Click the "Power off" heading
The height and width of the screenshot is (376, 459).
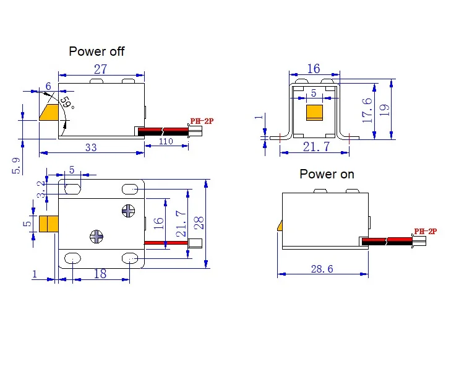tap(97, 51)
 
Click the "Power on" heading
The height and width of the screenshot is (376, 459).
tap(327, 174)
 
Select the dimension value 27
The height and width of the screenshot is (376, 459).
tap(101, 69)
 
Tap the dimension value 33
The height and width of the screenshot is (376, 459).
tap(90, 148)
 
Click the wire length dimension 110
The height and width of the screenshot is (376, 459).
tap(166, 141)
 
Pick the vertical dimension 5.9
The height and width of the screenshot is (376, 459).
tap(17, 165)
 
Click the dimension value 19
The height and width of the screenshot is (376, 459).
tap(385, 110)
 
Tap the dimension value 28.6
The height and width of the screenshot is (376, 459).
tap(322, 269)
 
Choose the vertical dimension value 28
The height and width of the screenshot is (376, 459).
tap(199, 223)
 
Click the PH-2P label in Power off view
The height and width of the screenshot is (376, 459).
tap(201, 121)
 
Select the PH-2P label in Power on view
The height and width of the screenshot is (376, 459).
tap(426, 231)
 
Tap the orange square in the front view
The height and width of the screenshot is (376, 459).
tap(315, 113)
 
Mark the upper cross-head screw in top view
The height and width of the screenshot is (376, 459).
tap(129, 211)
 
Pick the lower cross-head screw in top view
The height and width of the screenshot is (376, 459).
tap(97, 235)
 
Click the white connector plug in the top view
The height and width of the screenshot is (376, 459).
tap(197, 243)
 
